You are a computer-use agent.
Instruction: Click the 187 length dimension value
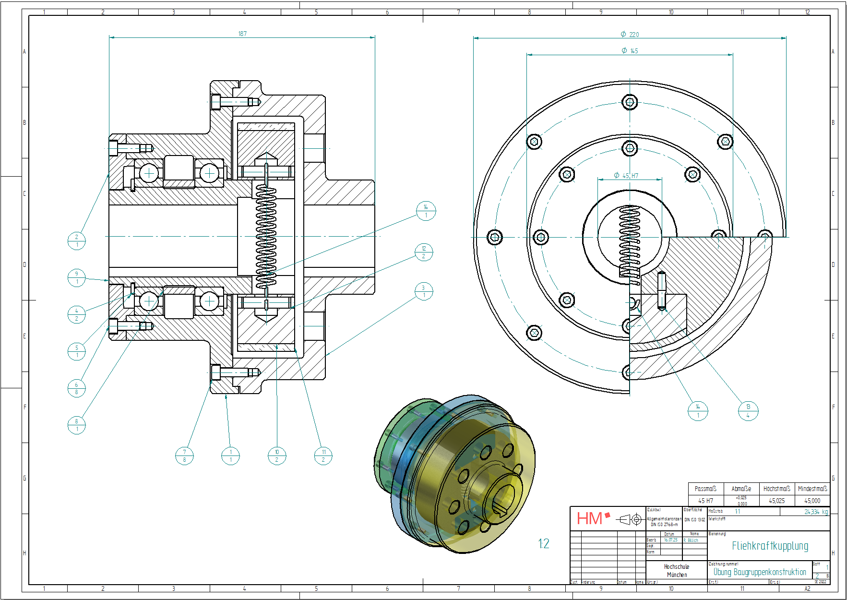click(242, 34)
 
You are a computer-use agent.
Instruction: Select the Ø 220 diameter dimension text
click(630, 35)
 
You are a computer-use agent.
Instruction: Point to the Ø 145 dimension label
click(630, 51)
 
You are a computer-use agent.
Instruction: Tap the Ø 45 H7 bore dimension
click(626, 176)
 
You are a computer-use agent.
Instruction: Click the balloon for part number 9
click(76, 278)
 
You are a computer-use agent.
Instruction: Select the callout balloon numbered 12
click(424, 252)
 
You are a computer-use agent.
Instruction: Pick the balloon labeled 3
click(423, 291)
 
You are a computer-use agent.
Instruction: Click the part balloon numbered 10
click(277, 456)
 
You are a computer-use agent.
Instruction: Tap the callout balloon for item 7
click(184, 456)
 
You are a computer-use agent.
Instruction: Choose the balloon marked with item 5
click(76, 351)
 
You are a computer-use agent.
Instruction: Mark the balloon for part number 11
click(323, 456)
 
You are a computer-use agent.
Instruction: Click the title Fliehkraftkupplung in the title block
click(770, 546)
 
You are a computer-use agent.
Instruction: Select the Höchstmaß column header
click(776, 489)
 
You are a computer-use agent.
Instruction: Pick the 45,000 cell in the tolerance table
click(812, 501)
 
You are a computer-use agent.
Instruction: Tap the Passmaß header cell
click(705, 489)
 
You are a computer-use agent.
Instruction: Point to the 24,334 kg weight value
click(816, 512)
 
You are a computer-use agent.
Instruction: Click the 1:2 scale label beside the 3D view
click(543, 543)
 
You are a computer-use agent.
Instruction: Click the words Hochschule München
click(677, 571)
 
